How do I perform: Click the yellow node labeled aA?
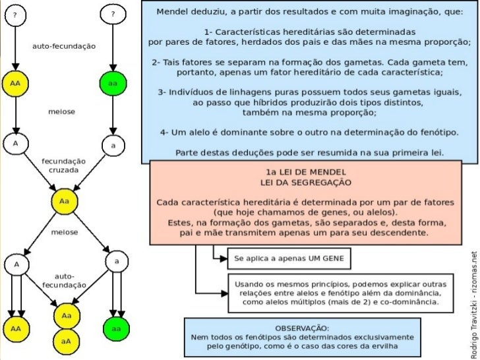(67, 342)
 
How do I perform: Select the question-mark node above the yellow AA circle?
(15, 15)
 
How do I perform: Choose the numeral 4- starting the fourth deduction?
(165, 132)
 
